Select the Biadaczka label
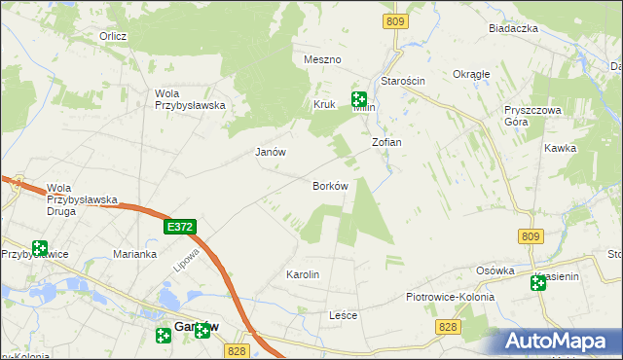coord(513,28)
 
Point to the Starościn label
coord(404,81)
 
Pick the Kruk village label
coord(324,104)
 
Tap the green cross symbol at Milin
coord(358,98)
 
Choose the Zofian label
coord(386,142)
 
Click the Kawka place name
coord(561,148)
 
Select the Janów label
coord(270,152)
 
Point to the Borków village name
coord(330,186)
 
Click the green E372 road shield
coord(181,227)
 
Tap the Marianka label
coord(134,254)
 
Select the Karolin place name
coord(303,274)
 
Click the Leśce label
coord(344,316)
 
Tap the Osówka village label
coord(495,270)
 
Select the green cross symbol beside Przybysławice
coord(39,248)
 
